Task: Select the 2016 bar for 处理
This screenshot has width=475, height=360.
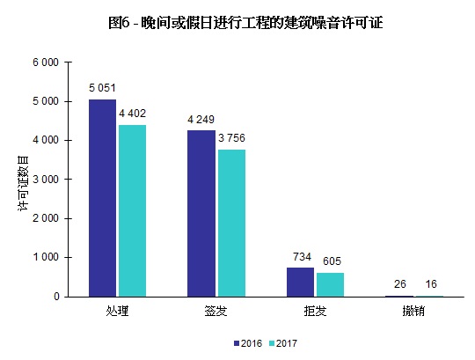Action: (102, 198)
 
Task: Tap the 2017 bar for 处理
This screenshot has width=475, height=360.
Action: (131, 210)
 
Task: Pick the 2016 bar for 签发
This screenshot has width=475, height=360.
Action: (201, 213)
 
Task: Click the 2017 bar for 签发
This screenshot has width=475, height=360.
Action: (230, 223)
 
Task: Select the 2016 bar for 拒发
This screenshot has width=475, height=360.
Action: (300, 282)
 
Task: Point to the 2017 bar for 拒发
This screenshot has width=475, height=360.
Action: (330, 284)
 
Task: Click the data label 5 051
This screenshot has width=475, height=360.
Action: (103, 88)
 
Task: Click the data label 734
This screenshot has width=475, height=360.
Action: (301, 256)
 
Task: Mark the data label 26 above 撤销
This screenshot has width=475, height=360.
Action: (400, 284)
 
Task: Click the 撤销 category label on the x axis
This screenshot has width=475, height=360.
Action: (414, 312)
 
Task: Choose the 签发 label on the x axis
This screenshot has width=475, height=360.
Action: (216, 312)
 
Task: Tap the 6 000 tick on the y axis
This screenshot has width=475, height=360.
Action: (46, 62)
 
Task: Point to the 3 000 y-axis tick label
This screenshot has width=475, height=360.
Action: (46, 180)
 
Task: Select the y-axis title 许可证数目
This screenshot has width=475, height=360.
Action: (24, 180)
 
